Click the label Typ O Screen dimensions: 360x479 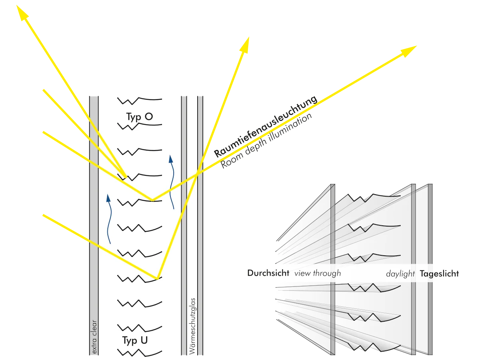pos(139,117)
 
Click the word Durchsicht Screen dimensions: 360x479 pos(268,274)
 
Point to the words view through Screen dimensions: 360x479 pos(317,274)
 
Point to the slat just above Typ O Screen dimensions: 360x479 pos(139,99)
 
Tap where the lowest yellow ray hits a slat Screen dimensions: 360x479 pos(157,278)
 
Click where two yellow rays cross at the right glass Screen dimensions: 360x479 pos(198,173)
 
